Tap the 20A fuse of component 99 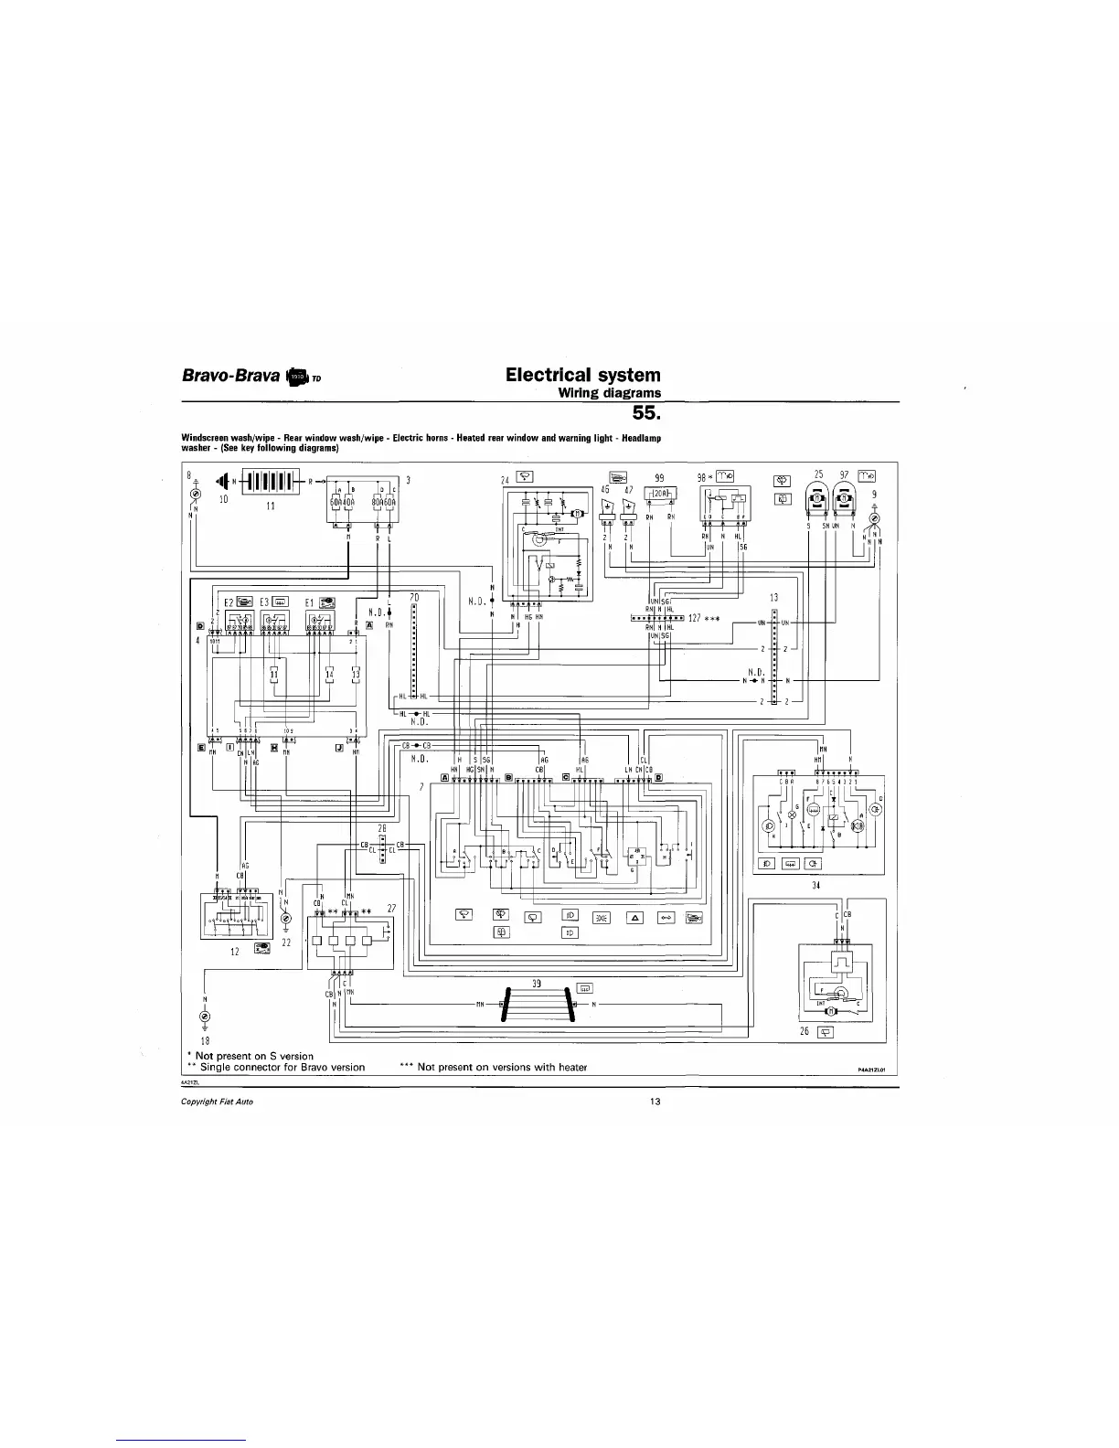tap(660, 494)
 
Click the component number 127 tap(695, 618)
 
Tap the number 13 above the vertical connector tap(773, 598)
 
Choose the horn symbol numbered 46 tap(606, 506)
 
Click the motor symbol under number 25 tap(817, 499)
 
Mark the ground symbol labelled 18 tap(204, 1017)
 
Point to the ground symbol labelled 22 tap(285, 918)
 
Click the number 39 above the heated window tap(538, 983)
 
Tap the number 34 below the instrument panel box tap(815, 886)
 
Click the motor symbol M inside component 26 tap(829, 1011)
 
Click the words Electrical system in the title tap(582, 375)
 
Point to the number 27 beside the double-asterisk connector tap(391, 908)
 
